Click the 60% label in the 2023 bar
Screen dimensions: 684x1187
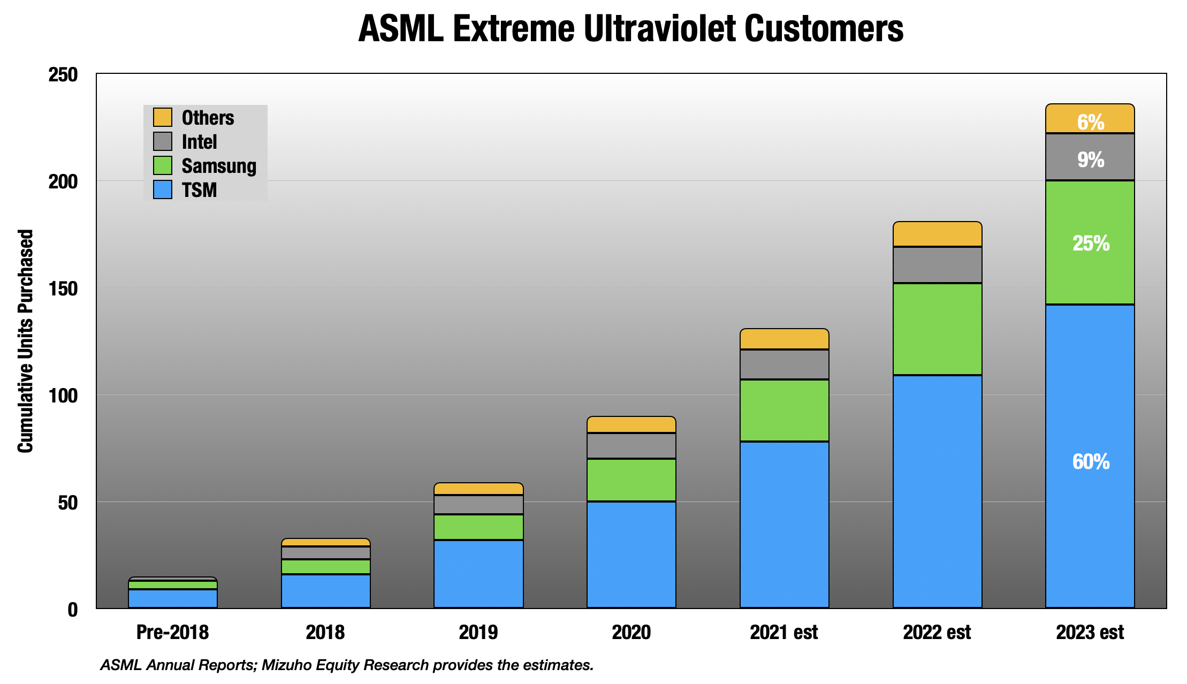click(1090, 461)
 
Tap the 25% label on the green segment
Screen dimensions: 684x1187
click(1090, 244)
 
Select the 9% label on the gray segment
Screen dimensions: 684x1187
click(1090, 159)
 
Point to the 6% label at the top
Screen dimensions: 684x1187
click(1090, 122)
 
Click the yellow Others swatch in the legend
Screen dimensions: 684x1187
click(163, 117)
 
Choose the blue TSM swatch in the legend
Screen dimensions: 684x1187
click(163, 189)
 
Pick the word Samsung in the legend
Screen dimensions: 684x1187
click(219, 166)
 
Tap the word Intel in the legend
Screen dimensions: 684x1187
click(199, 142)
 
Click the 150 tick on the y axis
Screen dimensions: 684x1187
click(63, 288)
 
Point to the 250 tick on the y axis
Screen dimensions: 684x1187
click(63, 74)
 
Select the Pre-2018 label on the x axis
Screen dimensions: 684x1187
click(172, 632)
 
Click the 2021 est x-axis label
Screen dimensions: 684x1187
click(783, 632)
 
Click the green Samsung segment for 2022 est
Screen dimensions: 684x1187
click(937, 329)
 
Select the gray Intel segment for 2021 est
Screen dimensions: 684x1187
click(784, 364)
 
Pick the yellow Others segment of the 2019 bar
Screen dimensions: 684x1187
click(478, 489)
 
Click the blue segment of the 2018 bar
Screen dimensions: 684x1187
click(325, 591)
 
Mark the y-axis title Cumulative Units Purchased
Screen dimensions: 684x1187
click(25, 341)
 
